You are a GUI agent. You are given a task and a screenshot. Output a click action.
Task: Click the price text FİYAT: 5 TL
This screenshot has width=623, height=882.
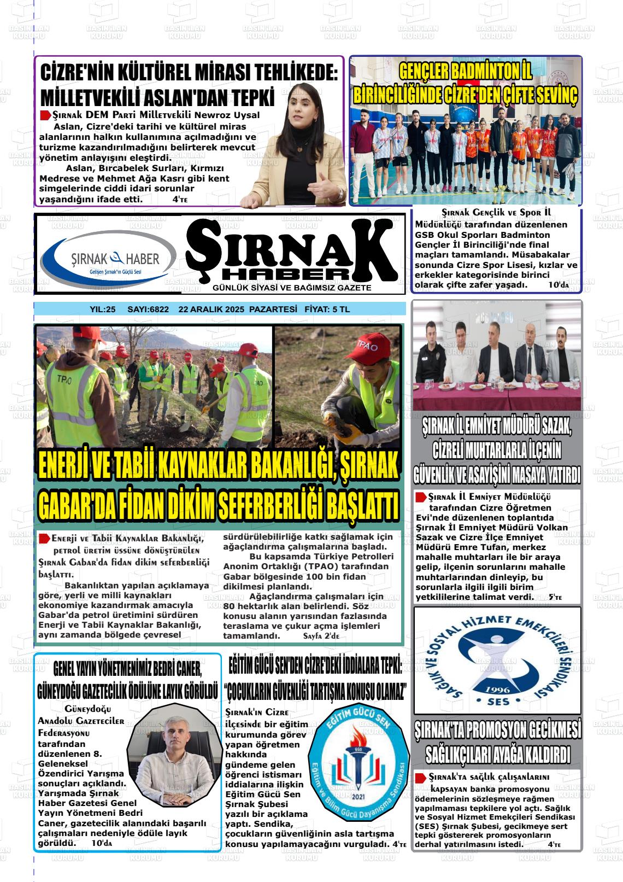tap(327, 309)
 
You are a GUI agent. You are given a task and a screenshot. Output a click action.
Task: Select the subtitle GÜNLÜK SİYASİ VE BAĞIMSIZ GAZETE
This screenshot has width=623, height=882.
tap(292, 288)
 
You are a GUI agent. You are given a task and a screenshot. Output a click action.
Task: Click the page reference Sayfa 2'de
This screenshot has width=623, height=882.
tap(321, 636)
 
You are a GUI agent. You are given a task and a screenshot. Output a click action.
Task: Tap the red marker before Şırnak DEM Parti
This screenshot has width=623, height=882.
tap(45, 115)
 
